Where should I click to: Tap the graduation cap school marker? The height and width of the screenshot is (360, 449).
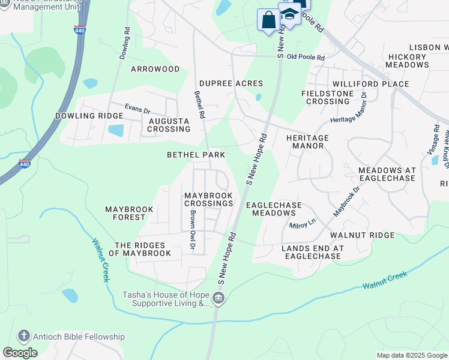click(289, 14)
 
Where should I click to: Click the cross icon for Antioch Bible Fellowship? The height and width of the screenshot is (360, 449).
click(23, 337)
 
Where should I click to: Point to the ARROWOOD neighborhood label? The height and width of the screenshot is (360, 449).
click(155, 69)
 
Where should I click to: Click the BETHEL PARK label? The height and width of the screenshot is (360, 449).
click(196, 155)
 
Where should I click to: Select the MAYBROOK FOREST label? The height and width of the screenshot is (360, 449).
click(130, 214)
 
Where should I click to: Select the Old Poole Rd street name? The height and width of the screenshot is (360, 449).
click(306, 57)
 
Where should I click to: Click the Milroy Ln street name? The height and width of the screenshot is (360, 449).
click(303, 223)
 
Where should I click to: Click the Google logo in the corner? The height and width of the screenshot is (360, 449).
click(20, 352)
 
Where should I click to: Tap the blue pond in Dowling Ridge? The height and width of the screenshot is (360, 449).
click(116, 130)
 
